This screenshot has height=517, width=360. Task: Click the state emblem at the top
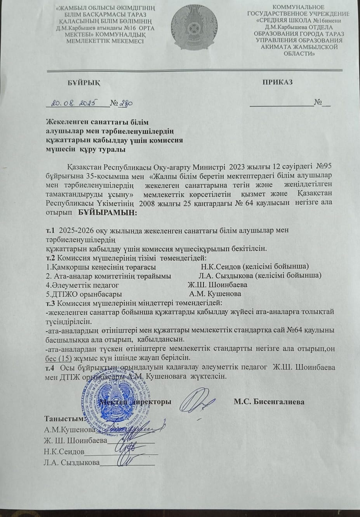pos(193,29)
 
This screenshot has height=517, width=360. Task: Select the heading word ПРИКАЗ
pos(277,82)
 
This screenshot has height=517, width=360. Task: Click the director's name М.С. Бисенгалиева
pos(269,402)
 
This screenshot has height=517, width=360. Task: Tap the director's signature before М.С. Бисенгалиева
pos(198,401)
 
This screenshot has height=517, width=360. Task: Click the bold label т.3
pos(51,302)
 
